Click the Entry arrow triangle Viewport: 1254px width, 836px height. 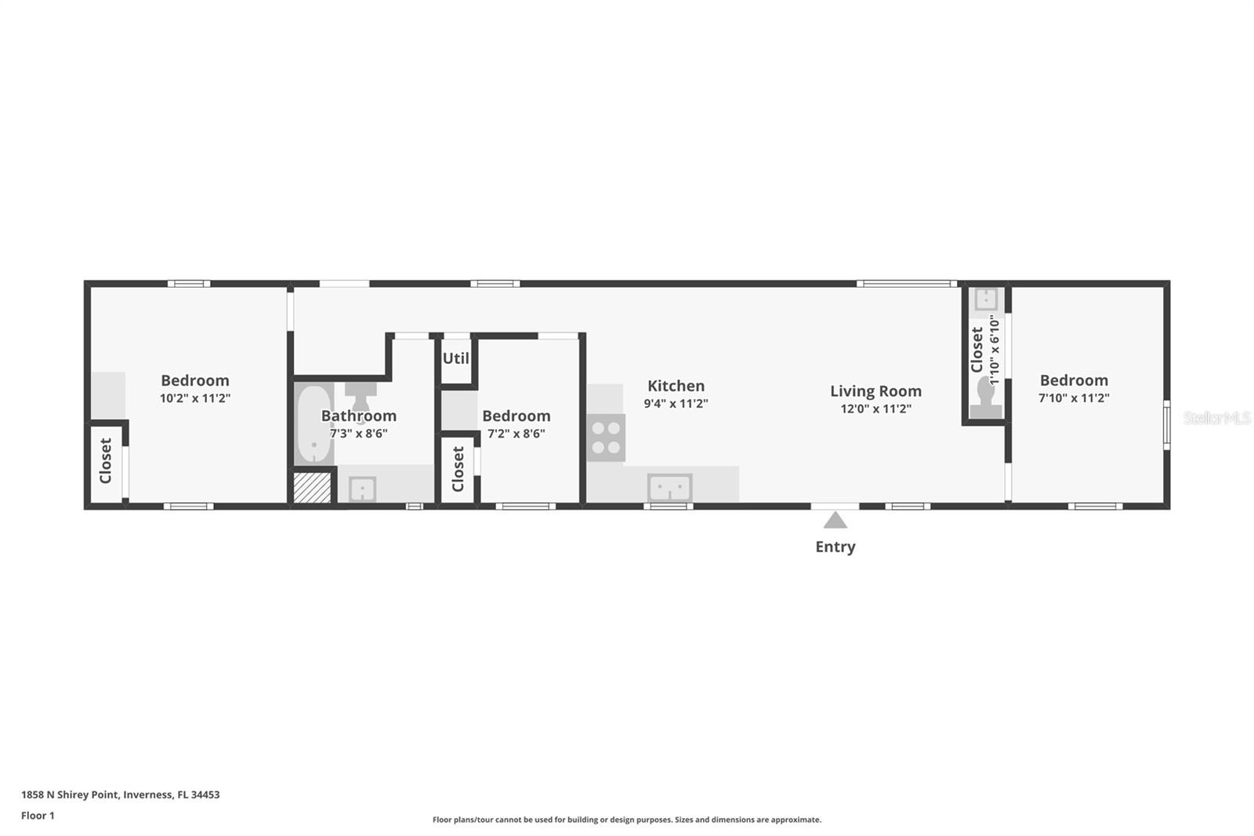(x=835, y=521)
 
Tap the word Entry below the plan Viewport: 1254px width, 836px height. (x=835, y=547)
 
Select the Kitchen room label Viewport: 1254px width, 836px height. (x=676, y=386)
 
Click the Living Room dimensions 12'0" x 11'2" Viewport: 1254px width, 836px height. (x=875, y=409)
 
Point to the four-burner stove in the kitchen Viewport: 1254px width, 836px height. (x=606, y=438)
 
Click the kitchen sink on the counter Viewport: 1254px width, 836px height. (x=669, y=487)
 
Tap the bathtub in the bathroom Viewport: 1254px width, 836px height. (x=313, y=424)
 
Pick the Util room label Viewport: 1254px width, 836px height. (x=455, y=358)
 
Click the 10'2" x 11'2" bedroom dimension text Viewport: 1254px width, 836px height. (x=194, y=398)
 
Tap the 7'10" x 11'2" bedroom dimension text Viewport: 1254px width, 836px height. (x=1074, y=398)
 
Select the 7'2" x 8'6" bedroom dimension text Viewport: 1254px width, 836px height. (x=516, y=434)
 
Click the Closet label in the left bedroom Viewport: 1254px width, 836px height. (x=106, y=460)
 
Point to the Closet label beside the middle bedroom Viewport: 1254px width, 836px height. (x=458, y=468)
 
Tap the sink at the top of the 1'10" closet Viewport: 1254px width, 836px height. (x=985, y=299)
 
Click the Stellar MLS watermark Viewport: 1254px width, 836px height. (x=1216, y=418)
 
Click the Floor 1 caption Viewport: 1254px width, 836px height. (x=38, y=816)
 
